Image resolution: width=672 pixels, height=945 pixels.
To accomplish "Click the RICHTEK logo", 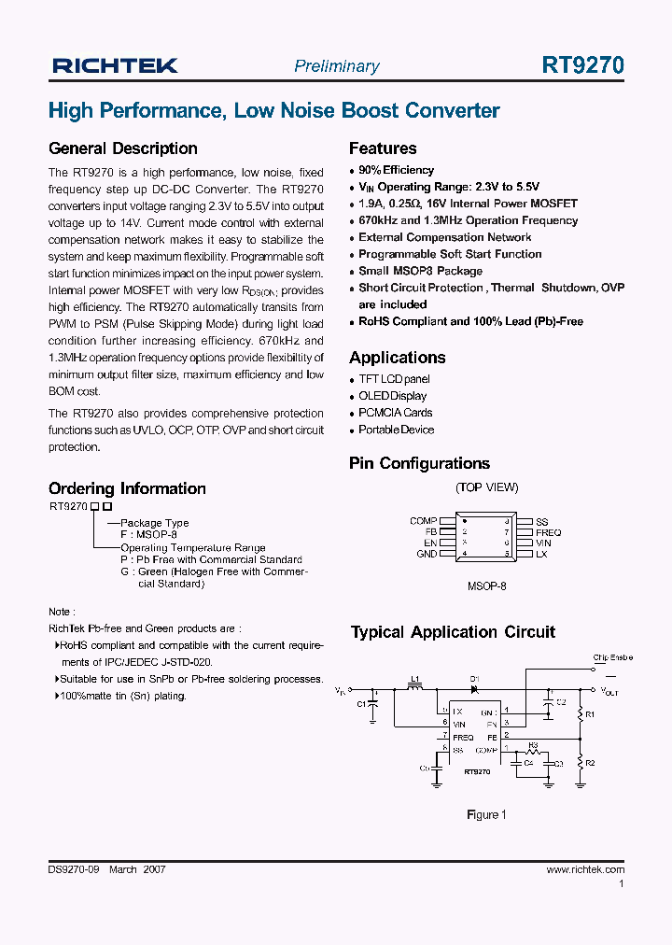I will [x=115, y=65].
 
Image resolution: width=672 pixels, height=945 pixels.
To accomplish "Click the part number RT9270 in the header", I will [x=583, y=65].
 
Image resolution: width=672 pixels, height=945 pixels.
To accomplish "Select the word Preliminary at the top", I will [x=337, y=66].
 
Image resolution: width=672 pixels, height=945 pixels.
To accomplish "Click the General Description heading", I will [x=122, y=148].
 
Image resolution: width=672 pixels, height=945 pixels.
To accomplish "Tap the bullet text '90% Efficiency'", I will [x=396, y=170].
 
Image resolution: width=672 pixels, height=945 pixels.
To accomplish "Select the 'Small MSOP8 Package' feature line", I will [x=420, y=271].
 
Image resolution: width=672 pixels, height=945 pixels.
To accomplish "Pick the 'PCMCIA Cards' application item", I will [x=395, y=413].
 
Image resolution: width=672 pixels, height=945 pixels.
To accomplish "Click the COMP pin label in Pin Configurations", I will [x=423, y=521].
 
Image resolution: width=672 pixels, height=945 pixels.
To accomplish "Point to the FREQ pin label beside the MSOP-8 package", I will [x=548, y=532].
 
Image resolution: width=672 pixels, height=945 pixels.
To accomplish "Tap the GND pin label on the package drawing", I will [x=427, y=554].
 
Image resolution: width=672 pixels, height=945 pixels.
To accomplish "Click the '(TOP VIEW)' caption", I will [x=486, y=487].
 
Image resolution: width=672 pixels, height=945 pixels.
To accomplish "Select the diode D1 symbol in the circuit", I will [x=474, y=689].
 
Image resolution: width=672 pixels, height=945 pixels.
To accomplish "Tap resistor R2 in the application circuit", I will [x=581, y=763].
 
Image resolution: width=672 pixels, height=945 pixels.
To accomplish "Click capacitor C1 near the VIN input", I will [x=372, y=705].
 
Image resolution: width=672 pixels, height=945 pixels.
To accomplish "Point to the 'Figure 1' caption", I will [x=486, y=814].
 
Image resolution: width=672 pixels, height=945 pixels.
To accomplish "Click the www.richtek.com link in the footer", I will [x=584, y=869].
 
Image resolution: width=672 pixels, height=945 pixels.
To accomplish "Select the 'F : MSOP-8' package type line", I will [x=148, y=535].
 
